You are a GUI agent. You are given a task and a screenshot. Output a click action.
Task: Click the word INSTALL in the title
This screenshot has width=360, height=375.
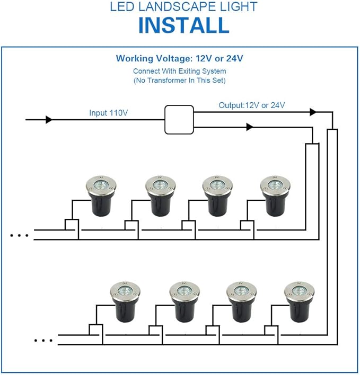184,25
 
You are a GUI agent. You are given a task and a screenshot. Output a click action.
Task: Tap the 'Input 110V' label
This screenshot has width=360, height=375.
109,113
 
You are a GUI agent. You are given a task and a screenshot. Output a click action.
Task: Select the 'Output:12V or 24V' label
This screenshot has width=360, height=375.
252,105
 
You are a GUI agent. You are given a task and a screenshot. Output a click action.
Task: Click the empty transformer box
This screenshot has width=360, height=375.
179,120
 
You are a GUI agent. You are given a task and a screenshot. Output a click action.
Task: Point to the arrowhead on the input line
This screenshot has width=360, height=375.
49,120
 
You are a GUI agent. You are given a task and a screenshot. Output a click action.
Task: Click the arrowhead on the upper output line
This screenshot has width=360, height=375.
313,112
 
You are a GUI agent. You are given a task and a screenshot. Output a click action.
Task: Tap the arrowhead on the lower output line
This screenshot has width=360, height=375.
250,127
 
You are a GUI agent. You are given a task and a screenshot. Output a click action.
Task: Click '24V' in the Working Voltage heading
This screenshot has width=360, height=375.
234,58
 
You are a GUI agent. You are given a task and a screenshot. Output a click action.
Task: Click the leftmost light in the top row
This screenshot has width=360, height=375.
101,196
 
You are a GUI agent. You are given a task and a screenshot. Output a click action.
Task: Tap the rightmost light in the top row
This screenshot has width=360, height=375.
275,196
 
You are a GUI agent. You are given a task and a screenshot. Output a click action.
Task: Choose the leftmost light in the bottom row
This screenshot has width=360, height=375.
125,302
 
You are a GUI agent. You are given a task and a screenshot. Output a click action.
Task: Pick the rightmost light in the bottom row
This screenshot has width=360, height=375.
299,302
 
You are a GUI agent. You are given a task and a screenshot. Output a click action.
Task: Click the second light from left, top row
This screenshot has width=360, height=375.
160,196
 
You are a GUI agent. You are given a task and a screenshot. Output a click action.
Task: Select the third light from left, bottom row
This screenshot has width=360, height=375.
242,302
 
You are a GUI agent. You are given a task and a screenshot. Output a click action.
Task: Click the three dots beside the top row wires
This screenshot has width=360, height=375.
19,235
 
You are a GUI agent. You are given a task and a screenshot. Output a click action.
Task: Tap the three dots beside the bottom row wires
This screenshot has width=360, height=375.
43,340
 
